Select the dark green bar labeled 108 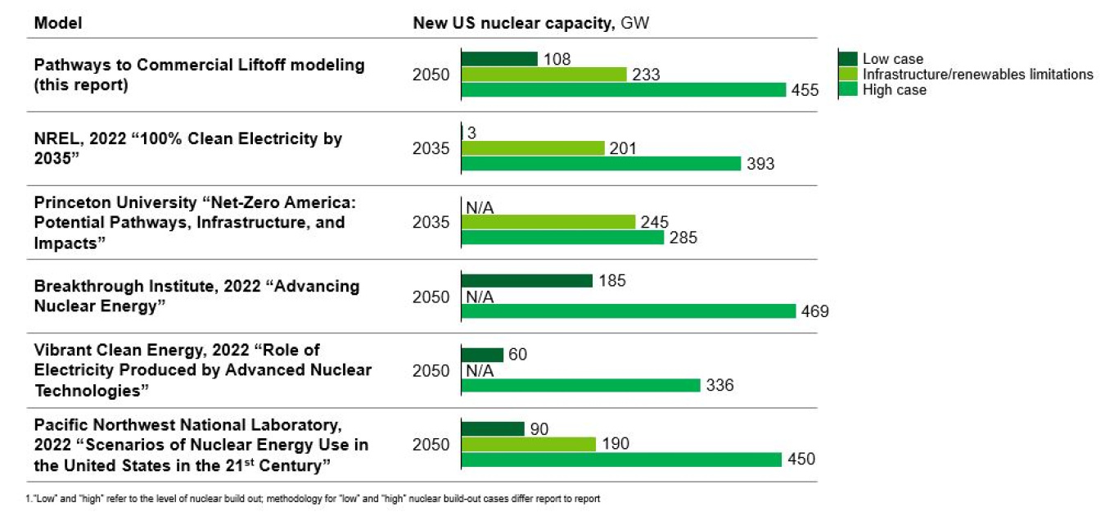coord(499,59)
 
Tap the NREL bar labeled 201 coord(533,148)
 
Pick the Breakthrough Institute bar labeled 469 coord(629,311)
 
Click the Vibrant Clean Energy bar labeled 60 coord(482,355)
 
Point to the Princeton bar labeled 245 coord(548,222)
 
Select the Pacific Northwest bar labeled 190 coord(529,444)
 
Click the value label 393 coord(760,165)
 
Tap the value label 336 coord(719,386)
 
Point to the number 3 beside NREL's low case coord(471,133)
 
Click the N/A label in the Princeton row coord(480,207)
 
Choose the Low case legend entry coord(892,59)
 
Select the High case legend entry coord(894,90)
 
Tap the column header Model coord(58,24)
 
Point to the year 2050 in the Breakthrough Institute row coord(431,297)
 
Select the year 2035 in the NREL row coord(431,148)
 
